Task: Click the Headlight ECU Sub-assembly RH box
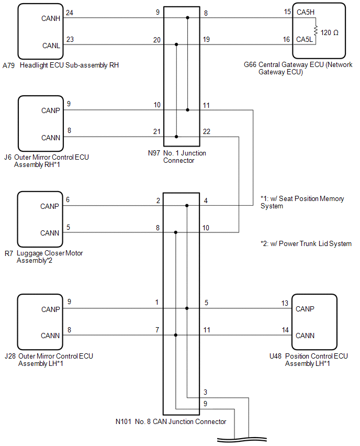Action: [40, 31]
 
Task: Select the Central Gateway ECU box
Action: [319, 31]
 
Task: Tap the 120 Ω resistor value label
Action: [329, 32]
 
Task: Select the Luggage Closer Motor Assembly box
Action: [40, 219]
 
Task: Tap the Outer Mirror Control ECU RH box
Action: [40, 124]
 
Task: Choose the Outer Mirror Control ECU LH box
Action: [40, 322]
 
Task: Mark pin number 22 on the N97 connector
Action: [207, 131]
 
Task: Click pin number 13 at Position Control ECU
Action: [285, 303]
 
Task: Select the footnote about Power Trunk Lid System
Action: [306, 243]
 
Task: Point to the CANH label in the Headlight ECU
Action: [51, 18]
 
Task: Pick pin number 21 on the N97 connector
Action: [157, 131]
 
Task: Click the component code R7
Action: [8, 253]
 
